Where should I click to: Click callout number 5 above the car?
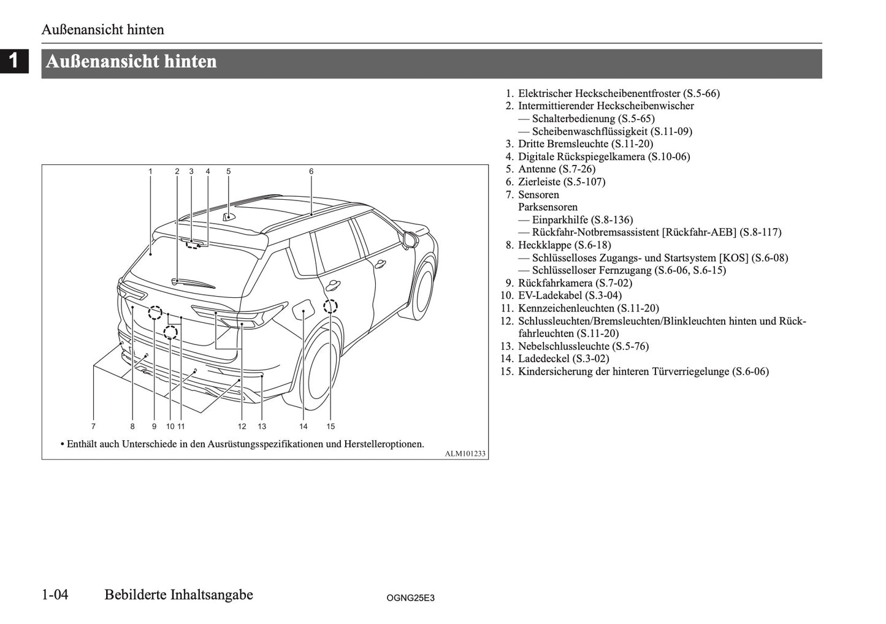(228, 172)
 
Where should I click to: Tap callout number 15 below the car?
(330, 426)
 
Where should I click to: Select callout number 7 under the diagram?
(93, 426)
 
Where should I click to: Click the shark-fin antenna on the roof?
(229, 216)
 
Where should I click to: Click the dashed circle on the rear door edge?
(330, 306)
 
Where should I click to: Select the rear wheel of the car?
(321, 375)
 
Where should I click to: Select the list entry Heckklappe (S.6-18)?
(564, 245)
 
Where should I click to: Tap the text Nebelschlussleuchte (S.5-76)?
(582, 346)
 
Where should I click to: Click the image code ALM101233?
(465, 454)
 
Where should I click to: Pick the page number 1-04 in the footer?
(55, 595)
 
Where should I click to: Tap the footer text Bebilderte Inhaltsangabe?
(178, 595)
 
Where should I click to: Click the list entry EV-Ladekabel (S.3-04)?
(569, 295)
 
